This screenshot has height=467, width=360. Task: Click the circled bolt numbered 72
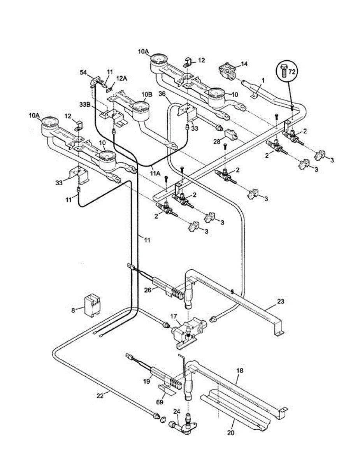click(x=287, y=71)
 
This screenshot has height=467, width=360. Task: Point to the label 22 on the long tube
click(x=100, y=396)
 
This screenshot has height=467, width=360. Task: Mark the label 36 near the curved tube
click(x=162, y=94)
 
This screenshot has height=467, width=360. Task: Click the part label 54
click(x=83, y=73)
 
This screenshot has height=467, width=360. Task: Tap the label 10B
click(x=147, y=95)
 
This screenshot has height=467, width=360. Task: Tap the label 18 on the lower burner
click(x=240, y=370)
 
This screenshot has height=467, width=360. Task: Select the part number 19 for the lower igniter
click(x=146, y=382)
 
